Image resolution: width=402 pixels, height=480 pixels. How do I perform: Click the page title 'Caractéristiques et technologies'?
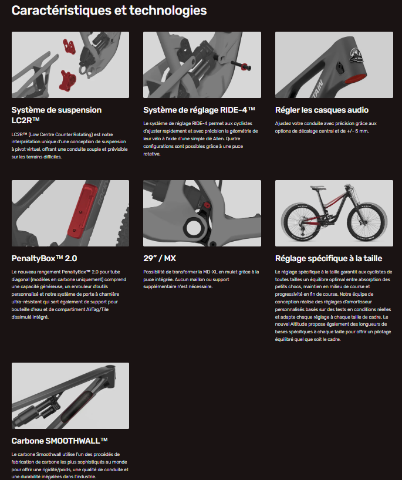click(109, 11)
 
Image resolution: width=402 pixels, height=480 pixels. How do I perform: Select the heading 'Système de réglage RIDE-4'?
click(199, 110)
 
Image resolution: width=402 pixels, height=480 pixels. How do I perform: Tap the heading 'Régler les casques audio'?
click(322, 110)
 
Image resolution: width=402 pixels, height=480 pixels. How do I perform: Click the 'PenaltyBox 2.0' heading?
click(44, 258)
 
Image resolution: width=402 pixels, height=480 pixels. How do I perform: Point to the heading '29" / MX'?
click(160, 258)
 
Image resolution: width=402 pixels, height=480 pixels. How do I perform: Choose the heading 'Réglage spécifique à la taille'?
click(329, 258)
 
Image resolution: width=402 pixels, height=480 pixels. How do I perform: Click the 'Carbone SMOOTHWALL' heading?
click(59, 441)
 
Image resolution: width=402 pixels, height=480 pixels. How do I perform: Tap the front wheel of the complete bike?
click(369, 219)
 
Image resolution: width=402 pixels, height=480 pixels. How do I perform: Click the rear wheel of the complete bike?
click(299, 220)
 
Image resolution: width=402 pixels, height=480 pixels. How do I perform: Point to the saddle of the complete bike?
click(317, 187)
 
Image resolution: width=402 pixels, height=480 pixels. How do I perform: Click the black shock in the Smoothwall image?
click(38, 410)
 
